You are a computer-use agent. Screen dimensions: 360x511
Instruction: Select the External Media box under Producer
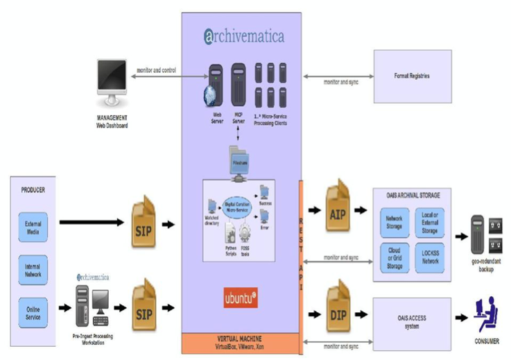(x=33, y=228)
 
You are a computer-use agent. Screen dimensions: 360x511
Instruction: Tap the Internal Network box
(x=33, y=270)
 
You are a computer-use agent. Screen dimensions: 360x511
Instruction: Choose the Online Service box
(x=33, y=312)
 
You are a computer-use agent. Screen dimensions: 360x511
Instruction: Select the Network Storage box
(x=394, y=222)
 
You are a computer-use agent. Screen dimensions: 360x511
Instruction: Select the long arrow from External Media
(x=94, y=223)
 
